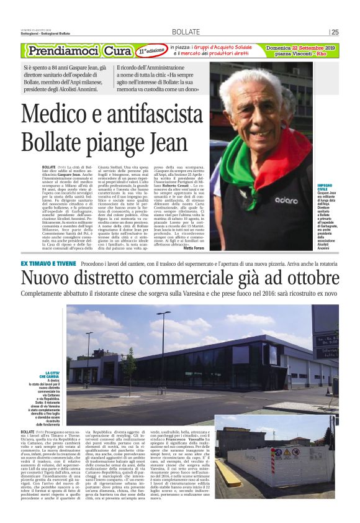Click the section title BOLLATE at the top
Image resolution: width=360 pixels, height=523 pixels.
186,32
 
